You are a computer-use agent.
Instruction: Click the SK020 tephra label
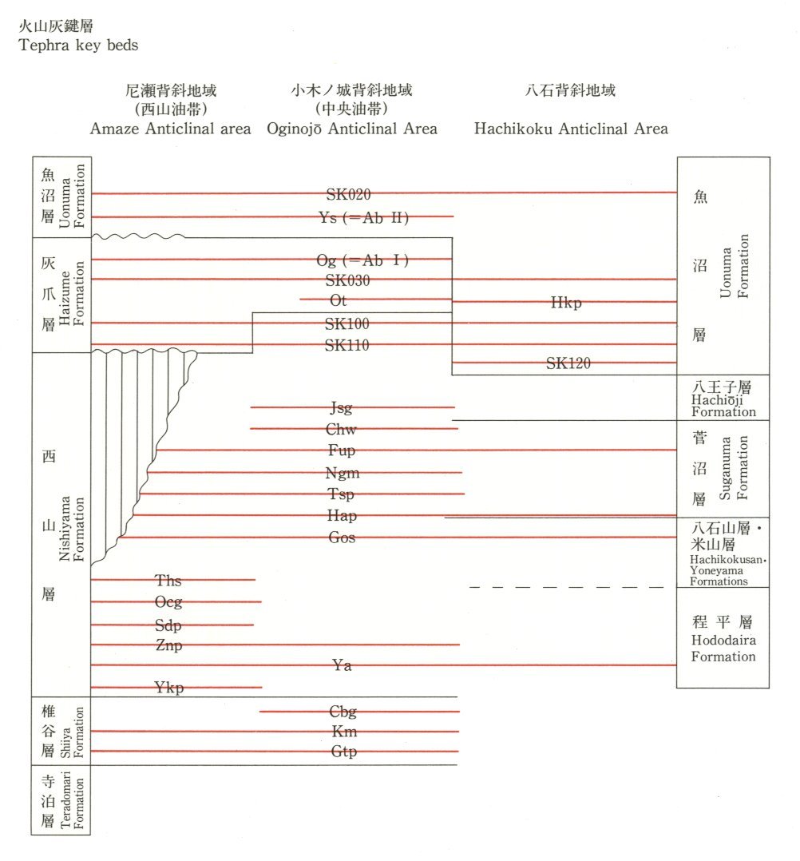pos(349,194)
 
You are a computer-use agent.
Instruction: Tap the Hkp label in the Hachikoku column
pos(566,303)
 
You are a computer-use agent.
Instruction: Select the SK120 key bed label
pos(568,363)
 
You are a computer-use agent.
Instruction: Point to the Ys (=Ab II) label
pos(363,217)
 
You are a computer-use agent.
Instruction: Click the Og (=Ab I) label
pos(362,260)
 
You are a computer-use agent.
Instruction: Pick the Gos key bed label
pos(342,538)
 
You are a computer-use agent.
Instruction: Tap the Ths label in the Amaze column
pos(168,581)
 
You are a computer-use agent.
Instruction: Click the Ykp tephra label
pos(168,688)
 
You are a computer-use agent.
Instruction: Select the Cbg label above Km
pos(343,712)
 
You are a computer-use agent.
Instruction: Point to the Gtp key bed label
pos(343,752)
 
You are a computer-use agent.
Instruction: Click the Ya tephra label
pos(342,665)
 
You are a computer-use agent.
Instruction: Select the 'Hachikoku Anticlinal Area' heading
pos(571,129)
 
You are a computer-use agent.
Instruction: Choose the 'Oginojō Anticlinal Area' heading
pos(352,129)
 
